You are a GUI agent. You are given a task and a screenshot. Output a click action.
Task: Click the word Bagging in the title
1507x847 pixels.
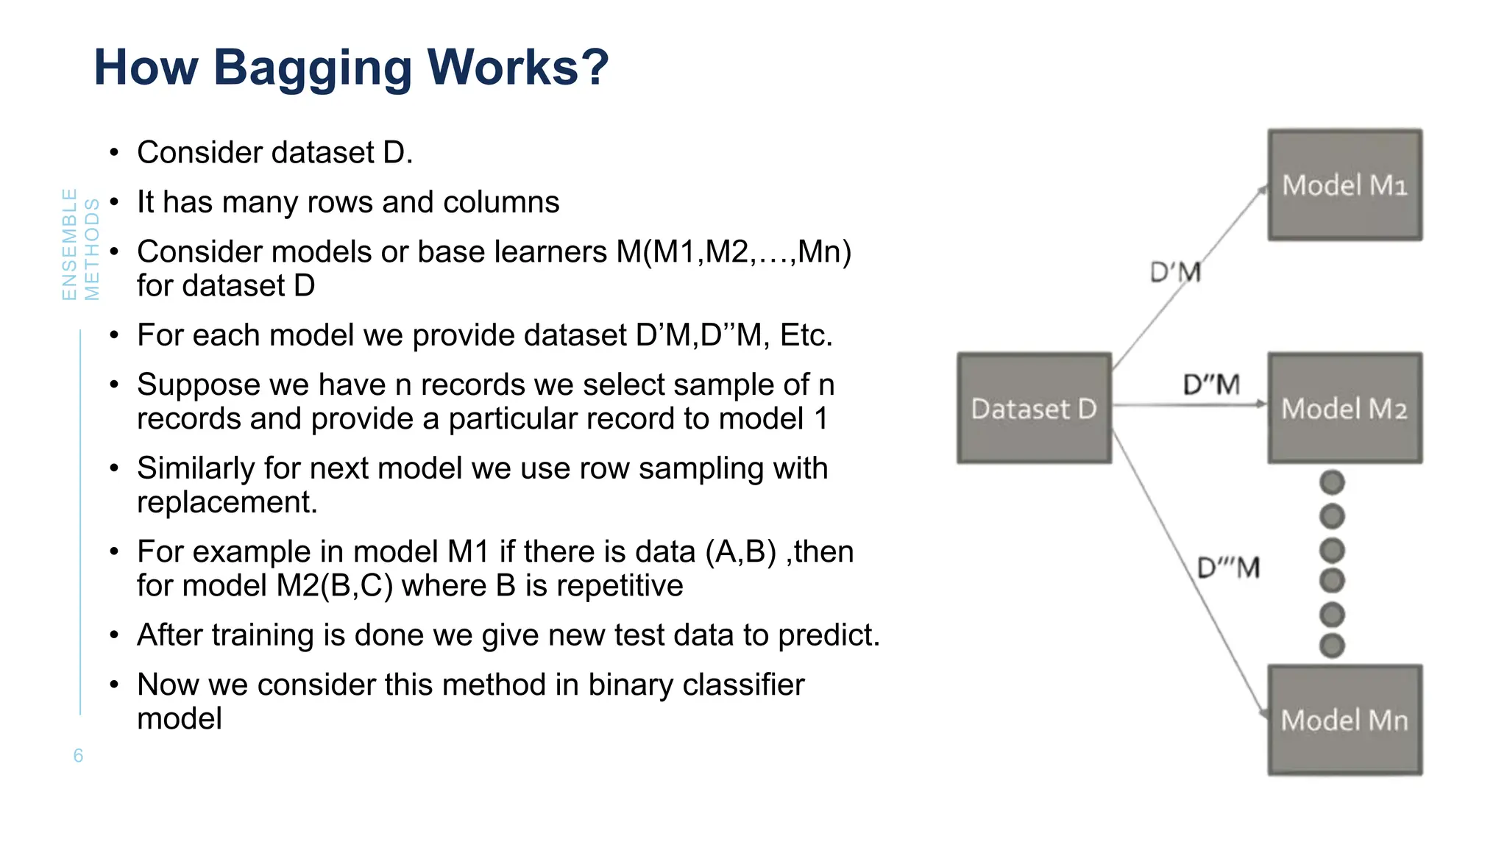312,68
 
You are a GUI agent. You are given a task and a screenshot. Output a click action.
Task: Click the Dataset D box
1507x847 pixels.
1034,408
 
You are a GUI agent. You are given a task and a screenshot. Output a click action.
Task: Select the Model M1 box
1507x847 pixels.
1344,185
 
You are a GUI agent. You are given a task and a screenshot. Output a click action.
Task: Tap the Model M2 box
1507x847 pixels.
1344,408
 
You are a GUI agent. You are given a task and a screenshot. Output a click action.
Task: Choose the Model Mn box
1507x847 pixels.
1344,720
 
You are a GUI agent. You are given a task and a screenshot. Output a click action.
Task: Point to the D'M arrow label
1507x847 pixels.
1175,273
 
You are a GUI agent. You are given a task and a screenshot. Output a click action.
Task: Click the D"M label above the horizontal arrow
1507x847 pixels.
1211,385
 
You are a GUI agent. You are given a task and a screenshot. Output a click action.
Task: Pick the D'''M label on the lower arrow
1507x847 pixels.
1228,568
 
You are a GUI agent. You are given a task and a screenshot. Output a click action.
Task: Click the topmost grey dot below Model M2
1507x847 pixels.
1332,483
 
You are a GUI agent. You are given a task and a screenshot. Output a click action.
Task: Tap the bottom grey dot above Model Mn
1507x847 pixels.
1332,646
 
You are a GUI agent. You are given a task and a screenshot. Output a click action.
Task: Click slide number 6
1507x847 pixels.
78,755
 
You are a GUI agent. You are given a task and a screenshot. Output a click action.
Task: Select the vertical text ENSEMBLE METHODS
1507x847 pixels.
80,245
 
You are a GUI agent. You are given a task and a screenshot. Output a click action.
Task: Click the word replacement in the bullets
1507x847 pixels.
227,502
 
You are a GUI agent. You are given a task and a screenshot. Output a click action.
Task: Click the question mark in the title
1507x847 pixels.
594,68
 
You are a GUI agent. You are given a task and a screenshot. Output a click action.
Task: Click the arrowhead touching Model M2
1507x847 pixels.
1261,404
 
